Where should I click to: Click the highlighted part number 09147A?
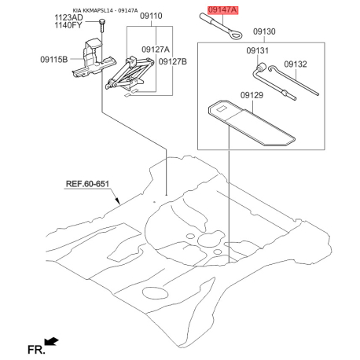[223, 10]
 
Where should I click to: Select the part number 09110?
[151, 16]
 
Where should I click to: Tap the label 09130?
[264, 31]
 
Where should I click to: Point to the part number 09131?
[258, 50]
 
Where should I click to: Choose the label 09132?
[296, 64]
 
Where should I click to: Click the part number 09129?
[252, 95]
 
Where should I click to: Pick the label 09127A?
[156, 50]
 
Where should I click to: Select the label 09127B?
[173, 61]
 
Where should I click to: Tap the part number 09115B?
[54, 60]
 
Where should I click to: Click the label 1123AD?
[68, 17]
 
